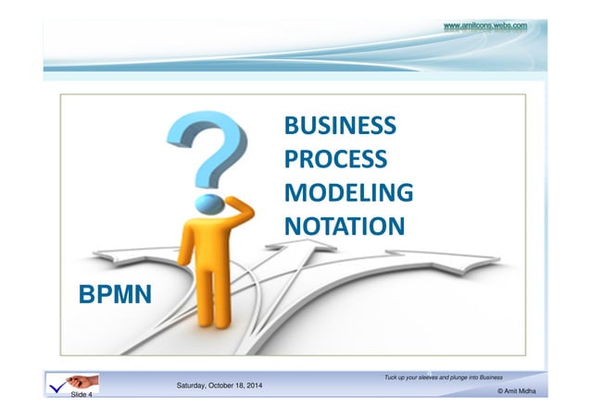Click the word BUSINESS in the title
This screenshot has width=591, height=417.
tap(339, 126)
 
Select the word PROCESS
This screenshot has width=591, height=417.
tap(334, 160)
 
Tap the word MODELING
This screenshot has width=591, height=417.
tap(347, 193)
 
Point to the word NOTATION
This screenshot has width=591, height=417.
tap(344, 227)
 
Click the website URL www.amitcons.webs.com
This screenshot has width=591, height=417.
tap(485, 26)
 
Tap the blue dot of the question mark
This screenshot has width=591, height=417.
tap(212, 201)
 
